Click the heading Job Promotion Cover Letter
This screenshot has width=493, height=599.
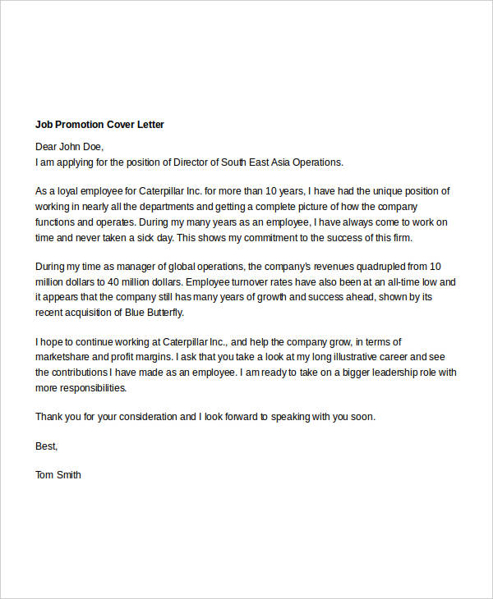[x=99, y=125]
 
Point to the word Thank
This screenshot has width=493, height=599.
[x=50, y=417]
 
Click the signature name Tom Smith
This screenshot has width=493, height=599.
[x=58, y=475]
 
